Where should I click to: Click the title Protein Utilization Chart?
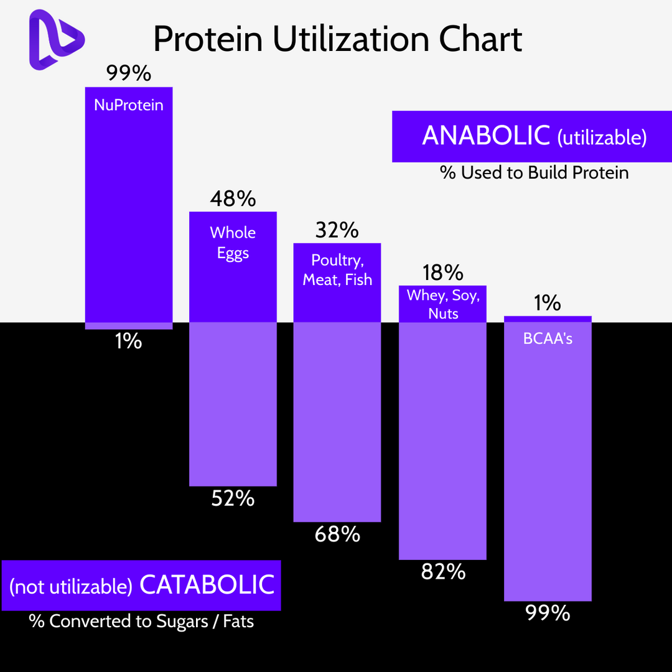point(337,39)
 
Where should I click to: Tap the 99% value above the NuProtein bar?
point(129,73)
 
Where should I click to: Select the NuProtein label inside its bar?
point(129,105)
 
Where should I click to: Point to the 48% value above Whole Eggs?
point(233,198)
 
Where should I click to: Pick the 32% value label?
point(337,230)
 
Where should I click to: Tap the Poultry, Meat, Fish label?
point(337,269)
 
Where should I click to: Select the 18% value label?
point(442,273)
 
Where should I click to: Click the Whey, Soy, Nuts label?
point(443,304)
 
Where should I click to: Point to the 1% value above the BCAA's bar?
point(547,303)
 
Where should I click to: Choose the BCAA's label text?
point(548,339)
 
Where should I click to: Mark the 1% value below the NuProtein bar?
point(128,341)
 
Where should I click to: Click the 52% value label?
point(233,498)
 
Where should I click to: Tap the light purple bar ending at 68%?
point(337,423)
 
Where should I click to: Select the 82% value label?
point(443,571)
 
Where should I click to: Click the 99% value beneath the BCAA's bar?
point(548,613)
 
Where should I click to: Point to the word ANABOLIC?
point(486,136)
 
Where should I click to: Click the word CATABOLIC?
point(207,584)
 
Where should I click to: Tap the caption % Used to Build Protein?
point(534,172)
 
